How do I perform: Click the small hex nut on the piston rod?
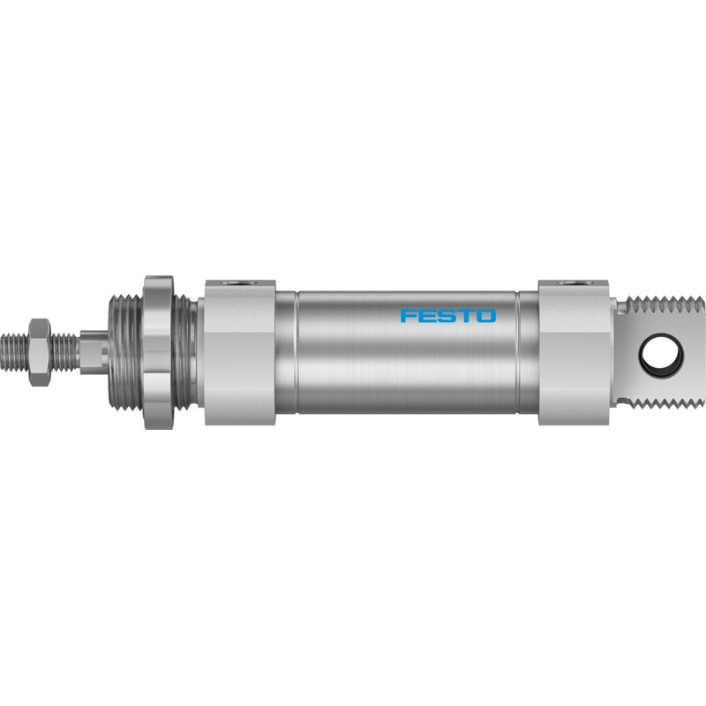[39, 352]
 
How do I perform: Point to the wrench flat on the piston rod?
[94, 352]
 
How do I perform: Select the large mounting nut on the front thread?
[159, 352]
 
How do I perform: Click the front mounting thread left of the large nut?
[126, 352]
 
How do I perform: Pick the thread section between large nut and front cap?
[185, 352]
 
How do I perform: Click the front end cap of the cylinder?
[240, 352]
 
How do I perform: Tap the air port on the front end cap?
[239, 283]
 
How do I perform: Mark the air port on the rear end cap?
[574, 283]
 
